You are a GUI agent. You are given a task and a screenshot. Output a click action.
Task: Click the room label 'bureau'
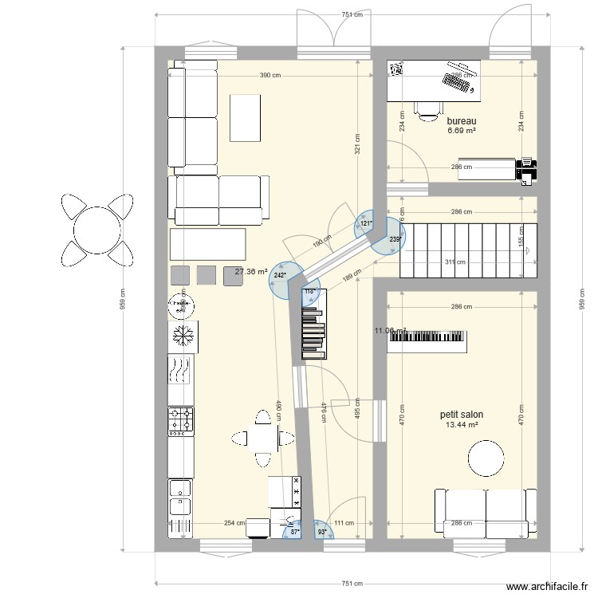point(461,121)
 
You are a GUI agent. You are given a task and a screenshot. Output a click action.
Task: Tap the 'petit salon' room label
point(461,415)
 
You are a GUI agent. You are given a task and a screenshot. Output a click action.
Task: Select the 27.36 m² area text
point(250,272)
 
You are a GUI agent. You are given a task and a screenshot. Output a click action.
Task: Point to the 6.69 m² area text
point(461,131)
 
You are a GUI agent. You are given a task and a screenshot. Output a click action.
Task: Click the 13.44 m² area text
point(462,425)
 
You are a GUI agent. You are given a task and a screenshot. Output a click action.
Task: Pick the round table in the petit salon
point(486,458)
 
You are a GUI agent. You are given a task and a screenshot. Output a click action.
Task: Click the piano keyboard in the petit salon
point(427,340)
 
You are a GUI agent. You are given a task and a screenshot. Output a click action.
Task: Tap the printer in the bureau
point(527,169)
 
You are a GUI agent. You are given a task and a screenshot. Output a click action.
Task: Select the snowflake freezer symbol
point(183,336)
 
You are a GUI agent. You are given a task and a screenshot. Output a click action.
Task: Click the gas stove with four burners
point(181,421)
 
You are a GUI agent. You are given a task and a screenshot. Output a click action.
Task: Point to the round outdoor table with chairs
point(96,230)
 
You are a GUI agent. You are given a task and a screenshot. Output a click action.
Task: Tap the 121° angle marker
point(365,225)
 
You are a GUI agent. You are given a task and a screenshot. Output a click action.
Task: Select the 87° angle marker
point(294,530)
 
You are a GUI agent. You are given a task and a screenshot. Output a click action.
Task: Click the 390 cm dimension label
point(270,76)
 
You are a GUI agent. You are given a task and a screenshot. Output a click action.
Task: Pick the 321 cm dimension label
point(359,142)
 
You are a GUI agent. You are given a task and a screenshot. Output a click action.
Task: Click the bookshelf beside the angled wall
point(313,324)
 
